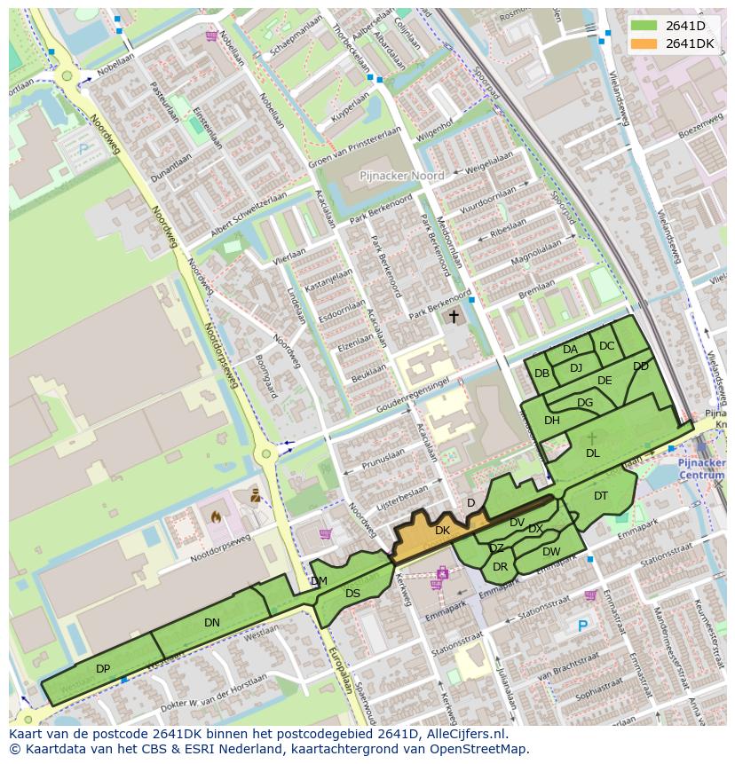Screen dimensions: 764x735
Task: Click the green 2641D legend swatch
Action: pyautogui.click(x=644, y=26)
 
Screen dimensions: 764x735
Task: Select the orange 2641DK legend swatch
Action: pyautogui.click(x=644, y=43)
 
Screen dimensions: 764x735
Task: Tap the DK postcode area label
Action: pyautogui.click(x=442, y=531)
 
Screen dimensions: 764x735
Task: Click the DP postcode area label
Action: pyautogui.click(x=103, y=668)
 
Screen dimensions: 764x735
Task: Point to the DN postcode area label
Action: pyautogui.click(x=211, y=623)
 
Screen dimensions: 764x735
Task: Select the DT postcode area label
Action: pyautogui.click(x=601, y=496)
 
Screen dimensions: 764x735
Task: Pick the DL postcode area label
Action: pyautogui.click(x=592, y=453)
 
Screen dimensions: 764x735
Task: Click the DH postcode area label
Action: pyautogui.click(x=552, y=421)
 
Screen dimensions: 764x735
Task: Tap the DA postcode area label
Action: pyautogui.click(x=570, y=350)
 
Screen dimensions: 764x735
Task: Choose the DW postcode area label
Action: pyautogui.click(x=551, y=552)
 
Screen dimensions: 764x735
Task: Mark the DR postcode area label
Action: pyautogui.click(x=500, y=567)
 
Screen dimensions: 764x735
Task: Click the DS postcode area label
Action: pyautogui.click(x=352, y=594)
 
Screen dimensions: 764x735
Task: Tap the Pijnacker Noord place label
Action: pyautogui.click(x=401, y=177)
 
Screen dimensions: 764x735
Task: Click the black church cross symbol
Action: pyautogui.click(x=454, y=316)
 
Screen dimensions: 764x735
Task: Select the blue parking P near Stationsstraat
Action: pyautogui.click(x=582, y=626)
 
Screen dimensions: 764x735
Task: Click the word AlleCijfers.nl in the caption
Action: pyautogui.click(x=463, y=734)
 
